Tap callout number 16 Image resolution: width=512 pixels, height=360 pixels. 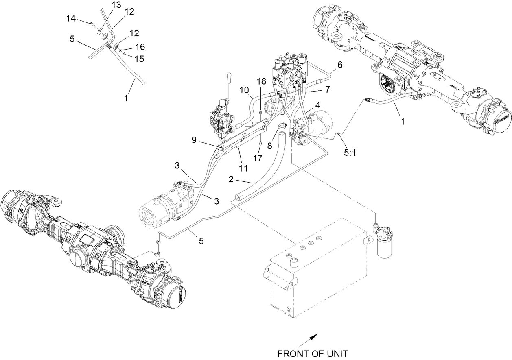pyautogui.click(x=139, y=47)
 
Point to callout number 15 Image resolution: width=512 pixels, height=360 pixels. pyautogui.click(x=139, y=59)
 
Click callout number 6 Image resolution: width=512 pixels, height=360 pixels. pyautogui.click(x=340, y=64)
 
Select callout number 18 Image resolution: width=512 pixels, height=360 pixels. pyautogui.click(x=260, y=81)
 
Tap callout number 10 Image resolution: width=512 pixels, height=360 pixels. pyautogui.click(x=244, y=89)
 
